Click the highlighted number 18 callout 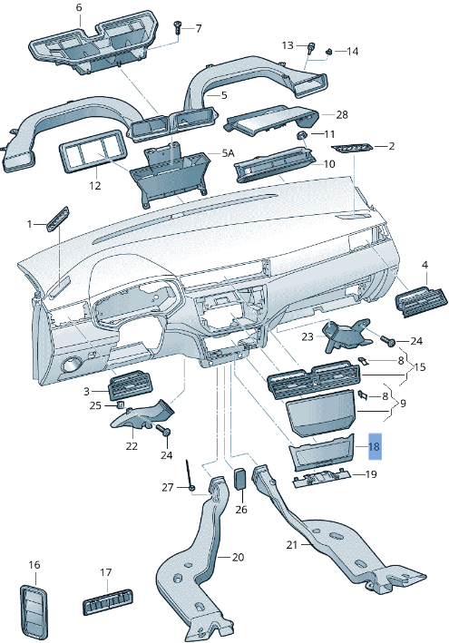(x=374, y=447)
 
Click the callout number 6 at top (x=78, y=8)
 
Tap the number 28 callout (x=342, y=115)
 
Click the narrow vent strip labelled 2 (x=352, y=148)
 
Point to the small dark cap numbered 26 (x=241, y=478)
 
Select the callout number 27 (x=167, y=488)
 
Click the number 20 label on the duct (x=239, y=557)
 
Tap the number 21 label (x=292, y=545)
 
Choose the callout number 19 (x=371, y=474)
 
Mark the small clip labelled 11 (x=302, y=134)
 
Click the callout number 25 (x=95, y=405)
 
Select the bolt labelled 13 (x=311, y=48)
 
